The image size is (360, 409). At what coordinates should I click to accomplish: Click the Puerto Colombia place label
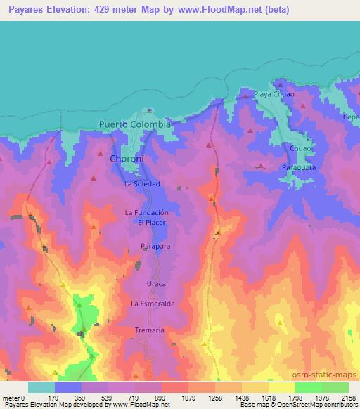135,124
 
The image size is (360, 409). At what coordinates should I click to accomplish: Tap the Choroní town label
127,160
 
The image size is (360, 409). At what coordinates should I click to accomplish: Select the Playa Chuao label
274,93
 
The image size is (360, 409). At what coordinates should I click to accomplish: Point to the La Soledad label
143,183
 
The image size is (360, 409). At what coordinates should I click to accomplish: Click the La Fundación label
147,212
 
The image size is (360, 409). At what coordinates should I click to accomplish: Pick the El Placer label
150,223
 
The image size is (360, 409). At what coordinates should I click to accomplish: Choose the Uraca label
155,283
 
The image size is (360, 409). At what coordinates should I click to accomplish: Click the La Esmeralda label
153,303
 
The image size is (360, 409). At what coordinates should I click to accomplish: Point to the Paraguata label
300,168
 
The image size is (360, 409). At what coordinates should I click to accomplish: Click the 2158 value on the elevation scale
349,397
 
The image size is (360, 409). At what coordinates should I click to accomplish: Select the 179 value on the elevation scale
55,397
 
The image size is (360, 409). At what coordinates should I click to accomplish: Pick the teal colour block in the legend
41,387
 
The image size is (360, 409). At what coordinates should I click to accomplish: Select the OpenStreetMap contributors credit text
320,405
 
